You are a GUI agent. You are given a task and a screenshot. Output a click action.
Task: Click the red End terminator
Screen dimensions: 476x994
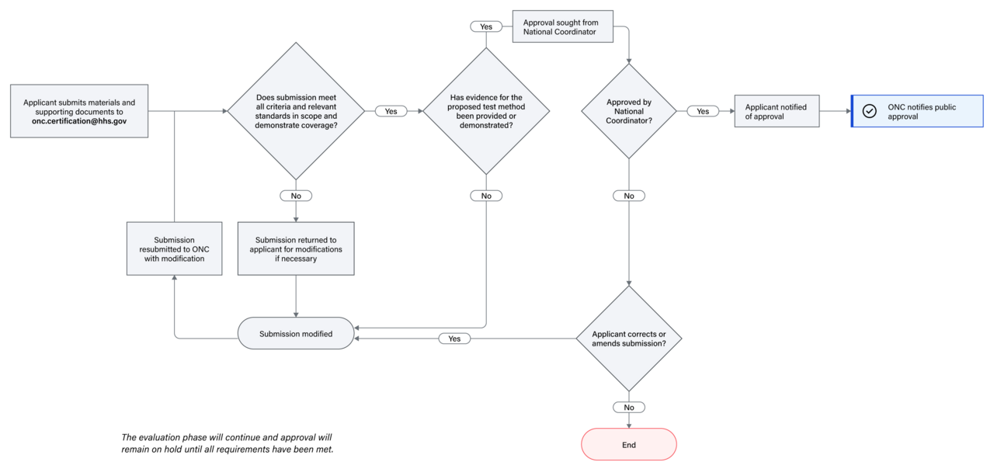pyautogui.click(x=628, y=445)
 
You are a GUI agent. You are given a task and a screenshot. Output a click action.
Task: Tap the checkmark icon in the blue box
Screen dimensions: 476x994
pyautogui.click(x=870, y=111)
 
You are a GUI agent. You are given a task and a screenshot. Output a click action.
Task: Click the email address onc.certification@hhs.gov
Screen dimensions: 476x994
pyautogui.click(x=79, y=122)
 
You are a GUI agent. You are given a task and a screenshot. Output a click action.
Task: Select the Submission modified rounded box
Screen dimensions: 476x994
pyautogui.click(x=295, y=334)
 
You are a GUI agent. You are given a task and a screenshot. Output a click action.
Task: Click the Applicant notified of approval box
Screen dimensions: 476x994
pyautogui.click(x=777, y=112)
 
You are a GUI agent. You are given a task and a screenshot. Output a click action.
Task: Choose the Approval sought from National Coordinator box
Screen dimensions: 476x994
pyautogui.click(x=562, y=27)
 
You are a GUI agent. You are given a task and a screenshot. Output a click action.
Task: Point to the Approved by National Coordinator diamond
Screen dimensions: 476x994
pyautogui.click(x=628, y=111)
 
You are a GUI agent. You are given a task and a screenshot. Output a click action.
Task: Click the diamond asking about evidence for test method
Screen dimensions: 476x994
pyautogui.click(x=486, y=111)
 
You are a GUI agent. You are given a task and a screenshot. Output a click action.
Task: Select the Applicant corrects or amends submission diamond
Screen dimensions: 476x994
pyautogui.click(x=628, y=339)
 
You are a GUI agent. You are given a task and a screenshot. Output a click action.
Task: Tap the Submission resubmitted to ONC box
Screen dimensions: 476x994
pyautogui.click(x=174, y=248)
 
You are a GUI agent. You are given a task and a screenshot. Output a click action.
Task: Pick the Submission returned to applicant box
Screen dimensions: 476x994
pyautogui.click(x=295, y=248)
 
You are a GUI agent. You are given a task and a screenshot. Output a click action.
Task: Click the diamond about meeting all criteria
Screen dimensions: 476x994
pyautogui.click(x=295, y=111)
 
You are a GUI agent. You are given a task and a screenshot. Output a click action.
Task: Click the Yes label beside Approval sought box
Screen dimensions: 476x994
pyautogui.click(x=486, y=26)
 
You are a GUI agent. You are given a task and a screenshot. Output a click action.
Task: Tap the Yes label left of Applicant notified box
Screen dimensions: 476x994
pyautogui.click(x=702, y=111)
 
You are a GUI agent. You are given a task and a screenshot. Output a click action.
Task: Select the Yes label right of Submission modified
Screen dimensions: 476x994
pyautogui.click(x=454, y=339)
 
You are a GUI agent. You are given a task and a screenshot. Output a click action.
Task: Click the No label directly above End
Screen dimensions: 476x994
pyautogui.click(x=628, y=407)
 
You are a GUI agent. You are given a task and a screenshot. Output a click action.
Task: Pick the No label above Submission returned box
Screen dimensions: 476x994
pyautogui.click(x=295, y=196)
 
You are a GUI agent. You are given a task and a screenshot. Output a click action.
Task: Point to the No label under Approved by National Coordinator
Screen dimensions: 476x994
pyautogui.click(x=628, y=196)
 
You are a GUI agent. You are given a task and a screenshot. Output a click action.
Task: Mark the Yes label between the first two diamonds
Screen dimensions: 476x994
pyautogui.click(x=391, y=111)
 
